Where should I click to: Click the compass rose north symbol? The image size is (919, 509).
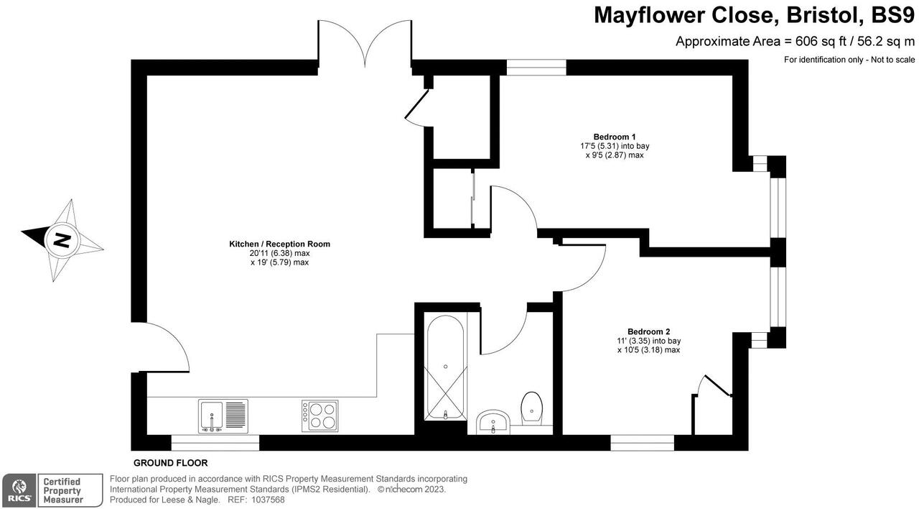[62, 239]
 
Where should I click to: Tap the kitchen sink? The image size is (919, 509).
[223, 416]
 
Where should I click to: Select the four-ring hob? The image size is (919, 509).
[319, 416]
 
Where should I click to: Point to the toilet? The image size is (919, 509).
[531, 408]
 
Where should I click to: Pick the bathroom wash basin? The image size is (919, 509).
[493, 421]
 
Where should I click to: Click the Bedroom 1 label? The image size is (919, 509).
[614, 137]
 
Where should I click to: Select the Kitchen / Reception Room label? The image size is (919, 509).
[279, 244]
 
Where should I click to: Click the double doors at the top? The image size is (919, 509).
[365, 43]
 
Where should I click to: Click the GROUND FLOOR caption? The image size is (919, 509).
[170, 463]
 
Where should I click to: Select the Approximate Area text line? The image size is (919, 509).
[795, 42]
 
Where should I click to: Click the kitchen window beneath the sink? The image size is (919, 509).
[215, 443]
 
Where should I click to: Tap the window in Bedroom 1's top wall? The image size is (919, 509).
[536, 68]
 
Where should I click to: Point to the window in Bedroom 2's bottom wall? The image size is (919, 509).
[643, 443]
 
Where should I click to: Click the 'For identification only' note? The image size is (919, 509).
[849, 60]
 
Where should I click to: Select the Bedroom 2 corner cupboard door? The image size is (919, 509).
[714, 386]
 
